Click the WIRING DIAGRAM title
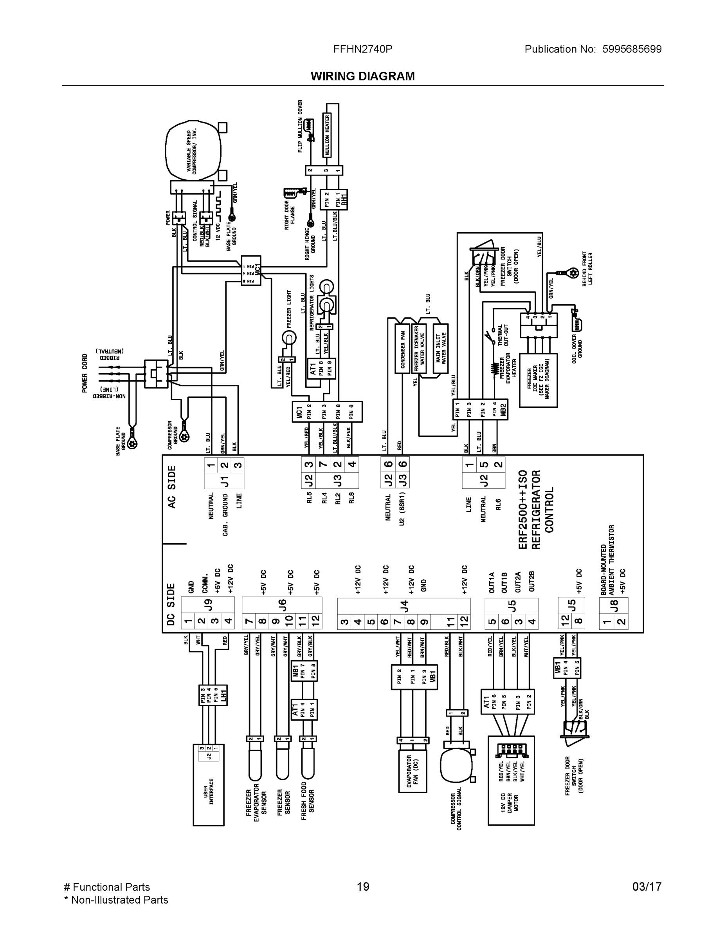pyautogui.click(x=362, y=76)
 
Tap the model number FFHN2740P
pyautogui.click(x=362, y=49)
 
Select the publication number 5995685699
pyautogui.click(x=631, y=49)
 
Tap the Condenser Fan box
pyautogui.click(x=403, y=349)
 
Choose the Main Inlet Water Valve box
pyautogui.click(x=441, y=348)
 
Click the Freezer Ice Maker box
pyautogui.click(x=538, y=380)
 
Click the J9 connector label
pyautogui.click(x=208, y=605)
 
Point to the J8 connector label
pyautogui.click(x=614, y=605)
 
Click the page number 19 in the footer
pyautogui.click(x=362, y=887)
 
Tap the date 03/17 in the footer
pyautogui.click(x=647, y=887)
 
